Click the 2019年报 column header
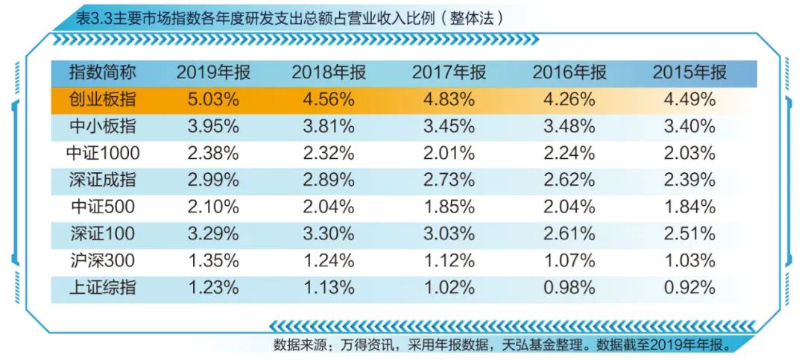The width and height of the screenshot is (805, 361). [x=213, y=73]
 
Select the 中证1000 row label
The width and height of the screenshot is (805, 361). [x=102, y=154]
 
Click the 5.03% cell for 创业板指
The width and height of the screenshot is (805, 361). [x=213, y=100]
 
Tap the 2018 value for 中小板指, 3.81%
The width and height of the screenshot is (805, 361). [x=329, y=127]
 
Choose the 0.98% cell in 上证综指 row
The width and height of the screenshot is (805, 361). [x=569, y=288]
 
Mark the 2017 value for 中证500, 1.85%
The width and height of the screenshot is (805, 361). [x=449, y=207]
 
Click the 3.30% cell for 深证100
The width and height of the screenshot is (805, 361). [x=329, y=234]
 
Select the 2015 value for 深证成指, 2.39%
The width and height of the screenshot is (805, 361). [x=689, y=180]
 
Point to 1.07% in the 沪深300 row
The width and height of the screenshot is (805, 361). [x=569, y=261]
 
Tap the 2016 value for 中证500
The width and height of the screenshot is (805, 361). [x=569, y=207]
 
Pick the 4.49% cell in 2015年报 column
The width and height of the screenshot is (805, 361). [x=689, y=100]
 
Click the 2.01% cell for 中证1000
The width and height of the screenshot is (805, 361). [x=449, y=154]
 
